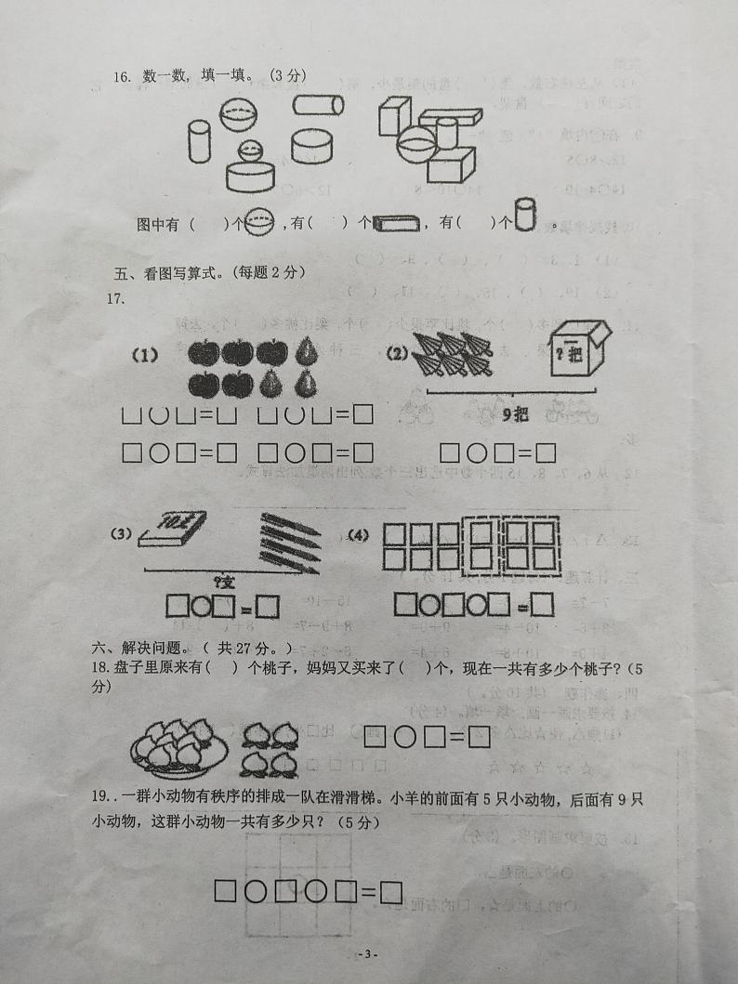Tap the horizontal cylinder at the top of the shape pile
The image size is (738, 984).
[x=318, y=105]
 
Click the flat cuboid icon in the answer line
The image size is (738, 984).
[x=397, y=223]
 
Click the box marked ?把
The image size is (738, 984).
[x=575, y=353]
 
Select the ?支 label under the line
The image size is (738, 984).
[x=224, y=582]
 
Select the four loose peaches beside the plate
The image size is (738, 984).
[x=269, y=749]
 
